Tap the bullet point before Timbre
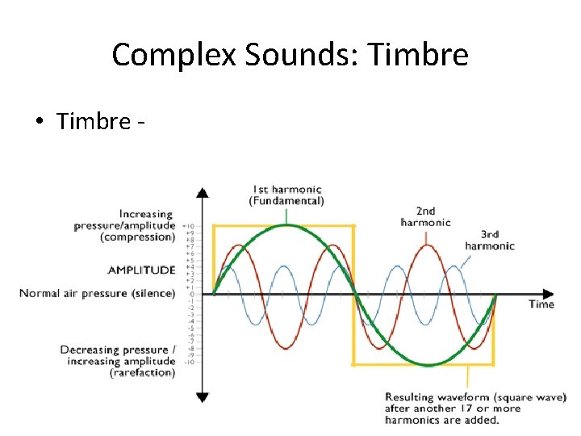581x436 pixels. pyautogui.click(x=38, y=122)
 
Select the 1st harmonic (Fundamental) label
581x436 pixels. pyautogui.click(x=286, y=195)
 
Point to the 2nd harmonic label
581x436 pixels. pyautogui.click(x=425, y=216)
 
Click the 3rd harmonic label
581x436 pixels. pyautogui.click(x=489, y=240)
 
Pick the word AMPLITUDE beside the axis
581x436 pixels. pyautogui.click(x=141, y=270)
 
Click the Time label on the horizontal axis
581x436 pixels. pyautogui.click(x=541, y=304)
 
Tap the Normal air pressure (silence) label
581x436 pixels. pyautogui.click(x=97, y=293)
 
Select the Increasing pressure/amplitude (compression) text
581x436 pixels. pyautogui.click(x=124, y=225)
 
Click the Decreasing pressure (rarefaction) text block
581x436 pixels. pyautogui.click(x=118, y=361)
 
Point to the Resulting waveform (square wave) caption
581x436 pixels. pyautogui.click(x=475, y=408)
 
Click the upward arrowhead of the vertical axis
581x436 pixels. pyautogui.click(x=203, y=193)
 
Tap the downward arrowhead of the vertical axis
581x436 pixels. pyautogui.click(x=203, y=396)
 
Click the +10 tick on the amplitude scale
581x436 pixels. pyautogui.click(x=188, y=226)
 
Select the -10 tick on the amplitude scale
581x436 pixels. pyautogui.click(x=188, y=362)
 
